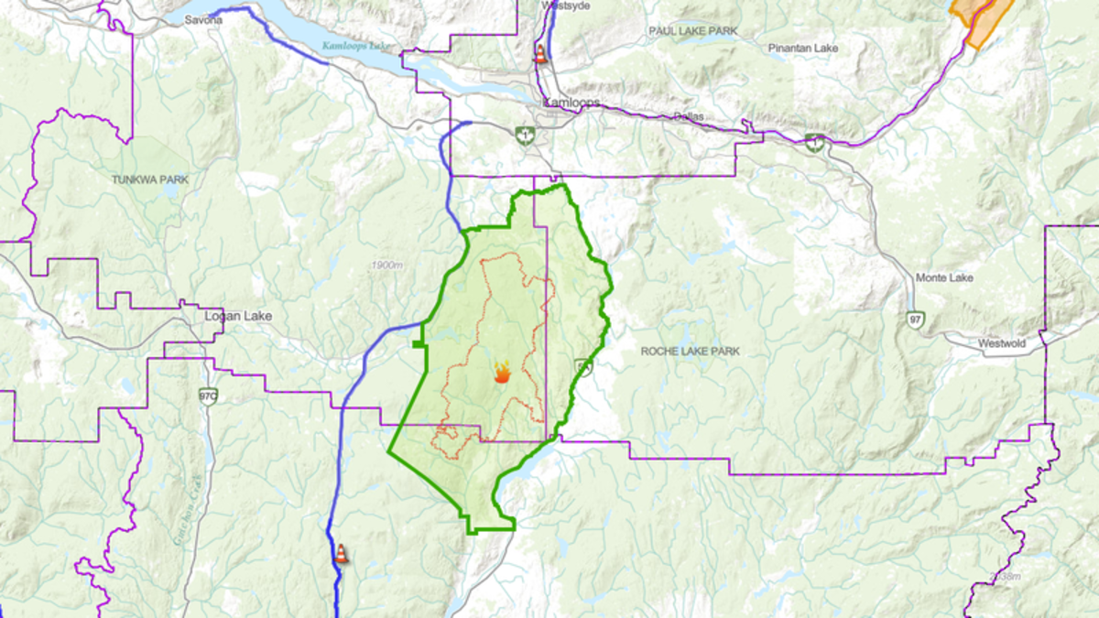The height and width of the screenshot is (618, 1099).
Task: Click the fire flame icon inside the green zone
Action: coord(502,372)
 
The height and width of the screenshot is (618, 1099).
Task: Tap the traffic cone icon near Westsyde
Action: coord(540,54)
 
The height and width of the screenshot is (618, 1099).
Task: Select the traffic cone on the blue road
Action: coord(341,553)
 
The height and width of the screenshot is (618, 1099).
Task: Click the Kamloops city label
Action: coord(571,103)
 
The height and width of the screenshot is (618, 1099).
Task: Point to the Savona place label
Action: coord(203,19)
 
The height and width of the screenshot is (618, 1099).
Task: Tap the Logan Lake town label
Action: coord(237,316)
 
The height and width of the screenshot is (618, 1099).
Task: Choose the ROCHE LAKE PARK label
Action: coord(690,352)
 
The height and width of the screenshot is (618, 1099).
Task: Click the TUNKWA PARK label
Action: coord(150,180)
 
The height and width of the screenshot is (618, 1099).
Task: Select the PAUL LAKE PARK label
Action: coord(692,31)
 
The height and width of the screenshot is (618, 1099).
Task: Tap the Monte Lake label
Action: coord(944,277)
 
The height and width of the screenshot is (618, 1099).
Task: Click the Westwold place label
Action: coord(1001,344)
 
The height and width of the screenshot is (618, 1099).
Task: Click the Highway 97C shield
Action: coord(208,396)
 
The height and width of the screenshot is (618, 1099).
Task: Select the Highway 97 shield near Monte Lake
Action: coord(916,320)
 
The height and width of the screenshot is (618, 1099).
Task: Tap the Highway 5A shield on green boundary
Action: coord(583,367)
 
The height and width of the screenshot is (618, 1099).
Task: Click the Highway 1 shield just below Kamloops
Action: coord(525,136)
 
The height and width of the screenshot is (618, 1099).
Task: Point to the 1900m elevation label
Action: coord(386,265)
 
